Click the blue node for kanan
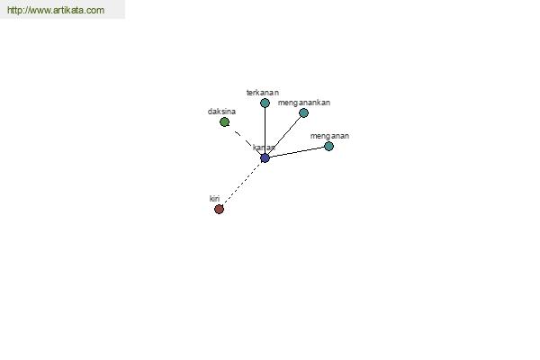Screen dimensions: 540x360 265,158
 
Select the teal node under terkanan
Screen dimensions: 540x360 265,103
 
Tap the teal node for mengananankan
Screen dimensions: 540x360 304,112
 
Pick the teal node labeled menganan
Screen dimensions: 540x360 328,147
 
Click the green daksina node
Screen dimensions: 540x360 224,122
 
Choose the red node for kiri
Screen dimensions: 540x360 219,209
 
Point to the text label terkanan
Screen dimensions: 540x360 263,93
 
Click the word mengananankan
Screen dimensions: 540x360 304,103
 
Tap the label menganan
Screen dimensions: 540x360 329,136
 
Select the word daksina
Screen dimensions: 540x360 221,112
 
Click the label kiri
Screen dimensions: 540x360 214,199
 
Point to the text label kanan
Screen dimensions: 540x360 264,148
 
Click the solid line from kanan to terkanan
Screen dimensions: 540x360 265,130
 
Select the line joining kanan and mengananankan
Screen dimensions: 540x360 284,135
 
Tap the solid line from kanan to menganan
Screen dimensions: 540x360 297,152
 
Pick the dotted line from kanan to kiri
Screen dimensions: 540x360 242,184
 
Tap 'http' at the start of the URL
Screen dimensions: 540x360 13,10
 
